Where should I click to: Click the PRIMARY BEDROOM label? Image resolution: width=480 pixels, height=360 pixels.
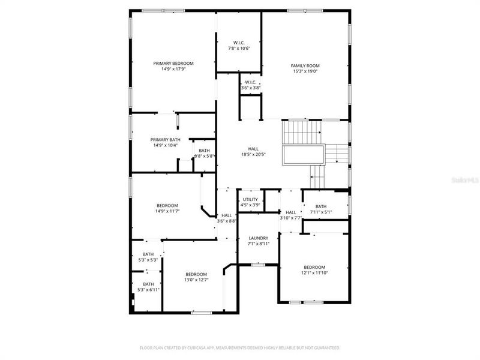(173, 63)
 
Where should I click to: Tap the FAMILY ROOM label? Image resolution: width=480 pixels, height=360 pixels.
(304, 65)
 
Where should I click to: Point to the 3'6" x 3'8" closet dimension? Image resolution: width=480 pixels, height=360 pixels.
(250, 88)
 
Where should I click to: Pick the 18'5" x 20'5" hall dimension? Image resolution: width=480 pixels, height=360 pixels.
(253, 154)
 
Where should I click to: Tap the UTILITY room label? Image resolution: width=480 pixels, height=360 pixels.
(250, 199)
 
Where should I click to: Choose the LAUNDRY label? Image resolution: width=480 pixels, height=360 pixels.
(259, 238)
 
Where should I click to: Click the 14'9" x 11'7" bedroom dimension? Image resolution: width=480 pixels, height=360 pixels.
(167, 211)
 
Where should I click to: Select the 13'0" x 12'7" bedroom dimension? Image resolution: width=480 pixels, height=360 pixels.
(196, 280)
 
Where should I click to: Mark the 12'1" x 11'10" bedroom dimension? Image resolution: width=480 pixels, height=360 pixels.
(314, 272)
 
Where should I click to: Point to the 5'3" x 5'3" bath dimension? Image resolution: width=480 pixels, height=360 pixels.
(148, 260)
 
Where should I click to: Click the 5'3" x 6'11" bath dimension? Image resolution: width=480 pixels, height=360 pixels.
(148, 290)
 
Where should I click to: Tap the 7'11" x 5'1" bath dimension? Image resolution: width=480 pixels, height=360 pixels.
(321, 212)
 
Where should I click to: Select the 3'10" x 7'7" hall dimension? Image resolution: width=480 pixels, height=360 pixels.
(291, 218)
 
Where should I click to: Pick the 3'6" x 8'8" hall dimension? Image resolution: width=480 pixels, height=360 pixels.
(226, 221)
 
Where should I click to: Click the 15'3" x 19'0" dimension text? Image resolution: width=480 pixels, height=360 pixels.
(304, 71)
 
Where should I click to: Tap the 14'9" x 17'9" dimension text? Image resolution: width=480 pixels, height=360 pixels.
(173, 69)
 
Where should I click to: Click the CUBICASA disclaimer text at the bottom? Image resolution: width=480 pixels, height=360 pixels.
(240, 347)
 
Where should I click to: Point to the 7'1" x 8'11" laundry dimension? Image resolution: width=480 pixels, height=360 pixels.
(259, 244)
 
